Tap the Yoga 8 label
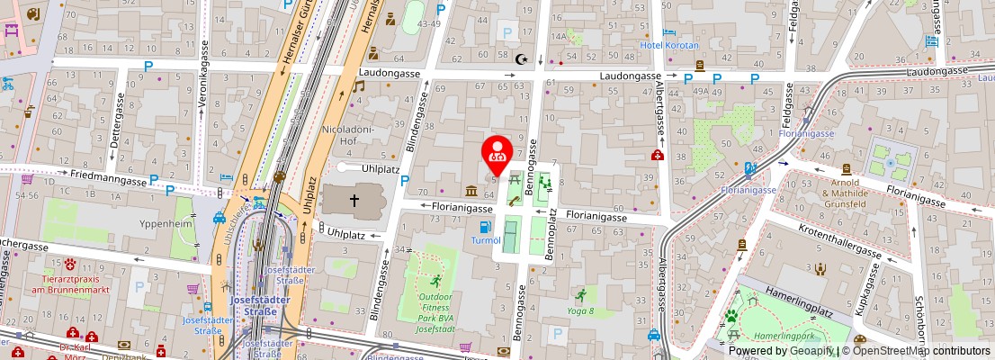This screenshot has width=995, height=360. (580, 311)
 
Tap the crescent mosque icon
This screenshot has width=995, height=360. (523, 59)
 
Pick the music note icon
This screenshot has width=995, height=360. (358, 86)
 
